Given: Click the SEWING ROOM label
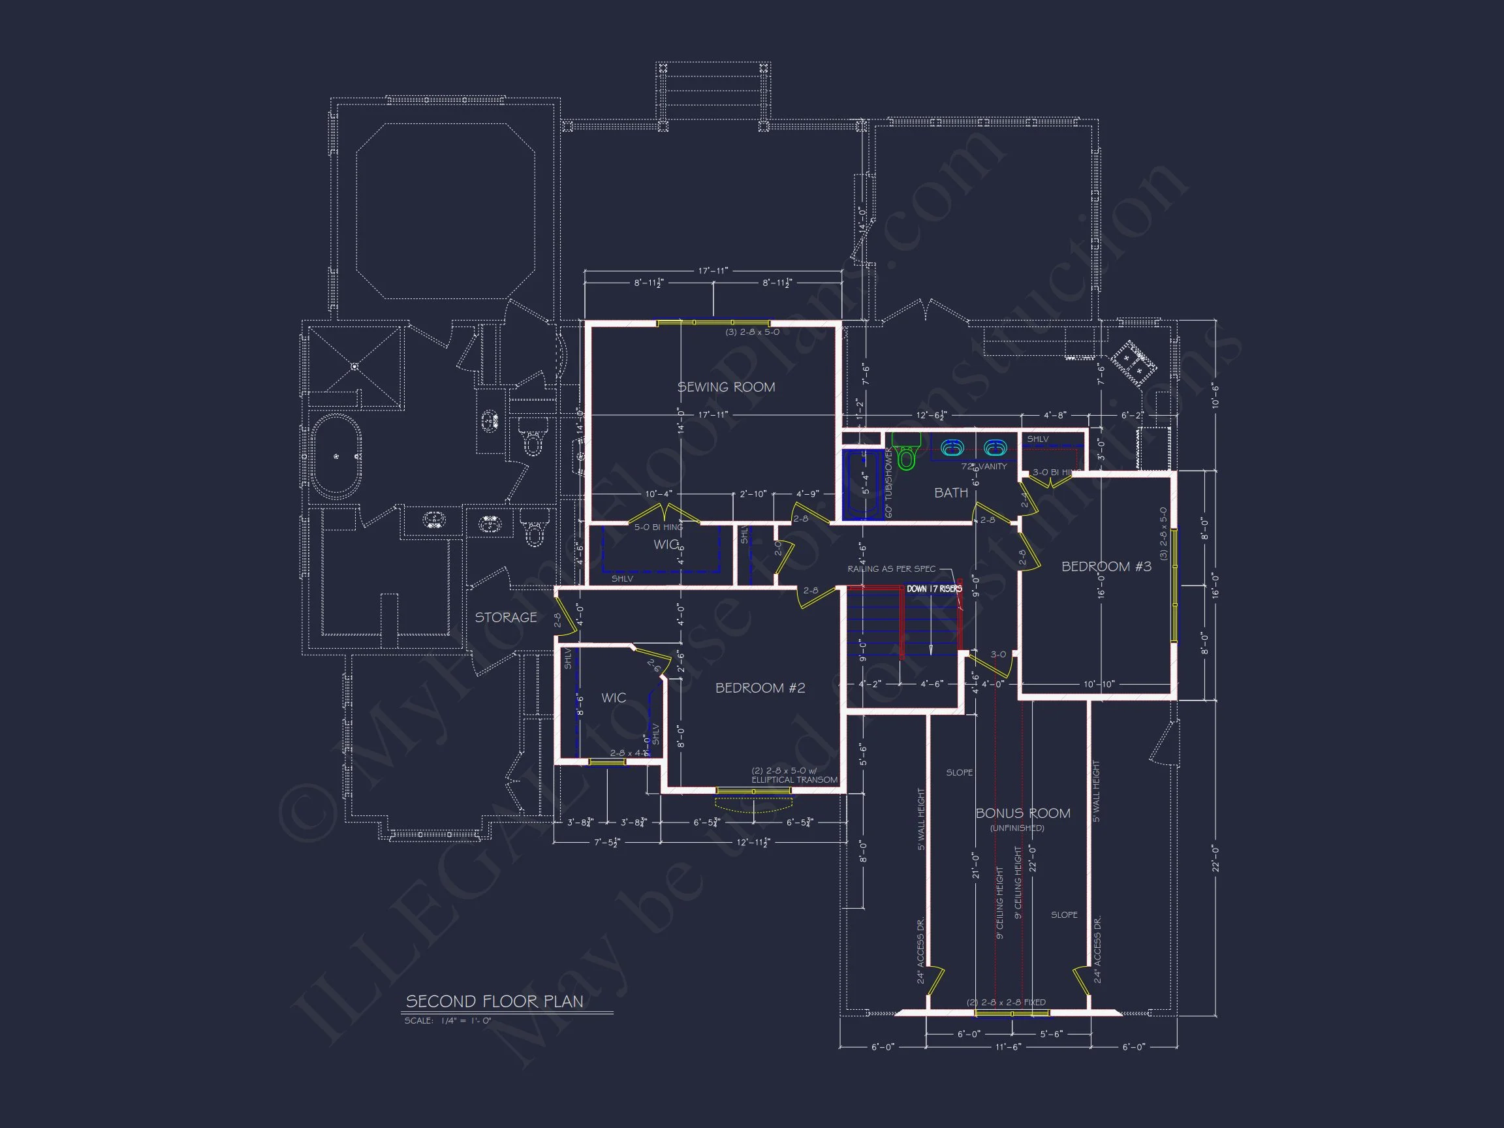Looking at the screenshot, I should point(725,387).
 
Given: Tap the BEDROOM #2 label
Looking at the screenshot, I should point(759,688).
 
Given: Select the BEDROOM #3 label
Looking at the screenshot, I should point(1106,567).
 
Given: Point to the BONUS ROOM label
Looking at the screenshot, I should point(1023,813).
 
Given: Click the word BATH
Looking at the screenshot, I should point(950,493).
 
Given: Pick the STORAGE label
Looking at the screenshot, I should point(505,618).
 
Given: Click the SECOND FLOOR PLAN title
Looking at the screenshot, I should point(494,1001).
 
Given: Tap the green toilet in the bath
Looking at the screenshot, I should point(905,454).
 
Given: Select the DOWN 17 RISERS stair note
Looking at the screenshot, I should point(934,589).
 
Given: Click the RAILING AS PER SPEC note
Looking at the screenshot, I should point(890,569).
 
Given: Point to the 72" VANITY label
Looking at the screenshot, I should point(984,467).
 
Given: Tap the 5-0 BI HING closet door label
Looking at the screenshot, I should point(658,527).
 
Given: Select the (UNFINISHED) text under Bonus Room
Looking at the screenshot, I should point(1017,828).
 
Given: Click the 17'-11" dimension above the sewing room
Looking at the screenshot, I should point(713,271).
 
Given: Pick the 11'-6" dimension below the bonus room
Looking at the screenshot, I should point(1009,1047).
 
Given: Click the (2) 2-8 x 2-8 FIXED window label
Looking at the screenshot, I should point(1007,1002).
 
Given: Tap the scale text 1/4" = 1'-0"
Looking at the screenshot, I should point(447,1020).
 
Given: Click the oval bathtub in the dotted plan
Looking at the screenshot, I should point(336,456).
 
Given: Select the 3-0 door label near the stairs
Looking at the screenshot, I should point(997,655).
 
